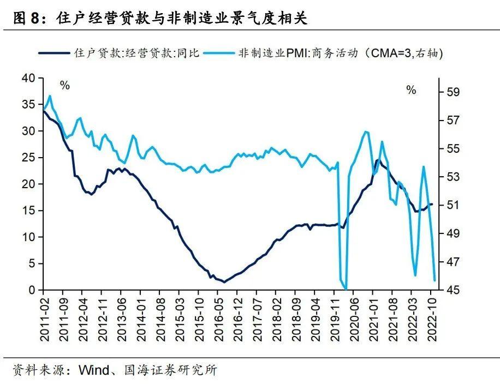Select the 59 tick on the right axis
point(453,92)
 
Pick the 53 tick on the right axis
point(453,177)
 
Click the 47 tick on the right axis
point(453,262)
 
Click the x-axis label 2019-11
point(334,312)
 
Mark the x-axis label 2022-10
point(432,312)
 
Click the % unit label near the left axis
point(65,86)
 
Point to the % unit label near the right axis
point(411,90)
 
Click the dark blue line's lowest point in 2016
point(224,281)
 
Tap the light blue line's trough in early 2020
point(346,288)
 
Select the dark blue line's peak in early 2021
point(377,160)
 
